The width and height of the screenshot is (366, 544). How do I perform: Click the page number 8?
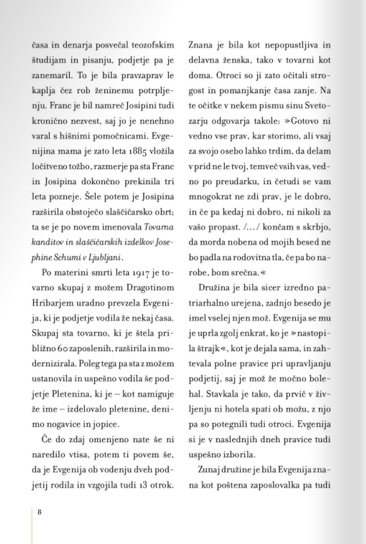coord(40,512)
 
